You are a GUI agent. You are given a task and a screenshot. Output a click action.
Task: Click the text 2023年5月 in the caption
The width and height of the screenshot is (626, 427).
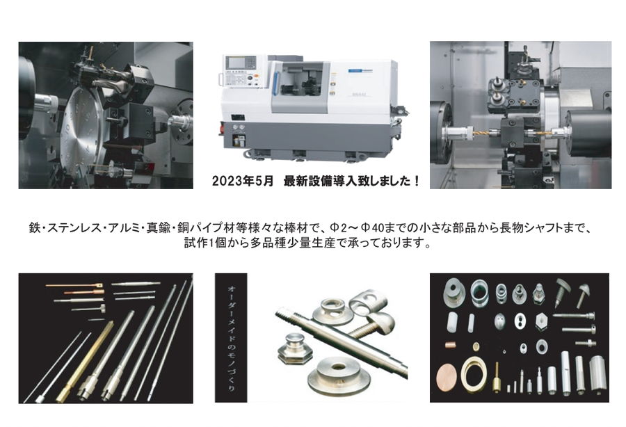tap(243, 182)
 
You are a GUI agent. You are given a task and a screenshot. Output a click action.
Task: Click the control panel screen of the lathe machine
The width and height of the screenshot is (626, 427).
tap(241, 63)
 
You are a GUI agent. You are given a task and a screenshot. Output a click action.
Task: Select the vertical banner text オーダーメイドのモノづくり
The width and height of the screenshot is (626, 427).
tap(230, 337)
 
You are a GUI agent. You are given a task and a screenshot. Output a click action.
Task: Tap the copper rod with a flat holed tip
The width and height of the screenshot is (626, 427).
tap(74, 285)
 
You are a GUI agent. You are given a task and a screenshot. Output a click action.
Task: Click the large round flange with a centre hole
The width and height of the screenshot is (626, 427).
tap(339, 372)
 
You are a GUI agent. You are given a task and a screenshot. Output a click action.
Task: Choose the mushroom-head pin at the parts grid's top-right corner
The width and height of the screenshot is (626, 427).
tap(583, 294)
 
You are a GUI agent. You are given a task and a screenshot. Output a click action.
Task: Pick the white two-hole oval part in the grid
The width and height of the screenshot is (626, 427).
tap(520, 321)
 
